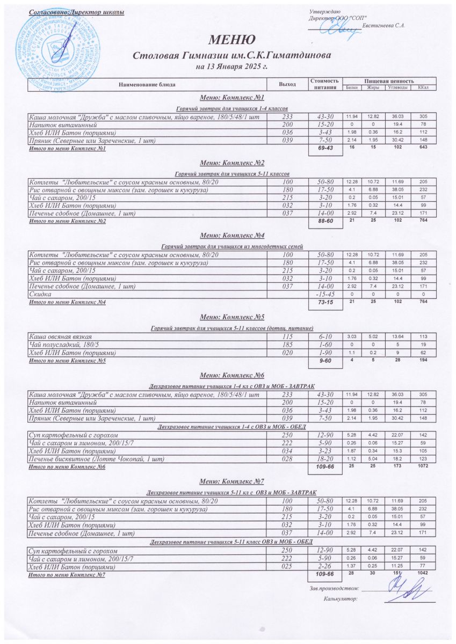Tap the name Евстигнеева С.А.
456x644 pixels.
pos(383,25)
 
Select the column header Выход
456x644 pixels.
pos(287,84)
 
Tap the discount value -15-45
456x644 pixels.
pos(325,295)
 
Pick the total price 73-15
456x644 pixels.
pos(325,303)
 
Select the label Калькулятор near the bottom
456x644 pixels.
pos(341,598)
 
